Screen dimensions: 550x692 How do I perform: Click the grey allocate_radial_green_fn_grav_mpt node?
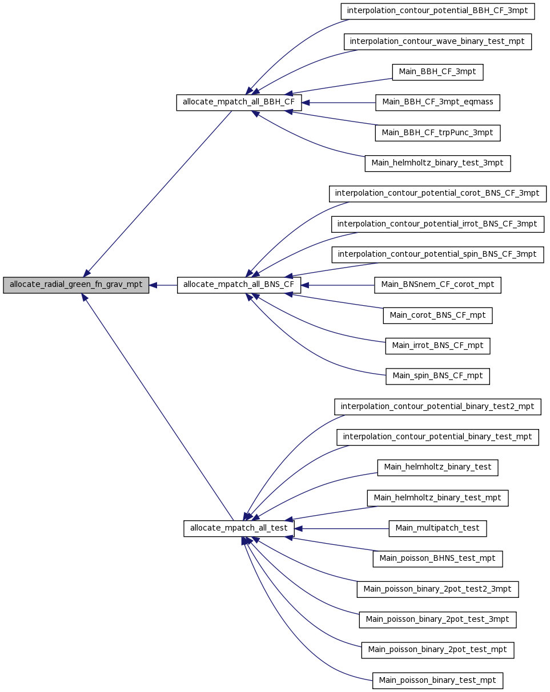click(x=76, y=285)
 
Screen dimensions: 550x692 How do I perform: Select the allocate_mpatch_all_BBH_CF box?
click(x=239, y=103)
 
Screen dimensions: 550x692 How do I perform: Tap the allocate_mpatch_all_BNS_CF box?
click(x=239, y=285)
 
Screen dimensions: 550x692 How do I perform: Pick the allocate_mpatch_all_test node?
click(x=239, y=529)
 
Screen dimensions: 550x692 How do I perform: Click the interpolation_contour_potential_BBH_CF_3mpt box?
click(x=437, y=11)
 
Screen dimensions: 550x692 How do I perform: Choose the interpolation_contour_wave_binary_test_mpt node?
click(x=437, y=42)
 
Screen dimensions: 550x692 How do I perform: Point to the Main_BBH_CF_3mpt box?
click(x=437, y=72)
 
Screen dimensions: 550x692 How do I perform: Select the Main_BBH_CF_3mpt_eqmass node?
click(x=437, y=103)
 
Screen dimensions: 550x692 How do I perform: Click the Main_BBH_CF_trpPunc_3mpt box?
click(x=437, y=133)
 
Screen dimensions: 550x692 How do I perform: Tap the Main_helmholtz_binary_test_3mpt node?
click(x=437, y=163)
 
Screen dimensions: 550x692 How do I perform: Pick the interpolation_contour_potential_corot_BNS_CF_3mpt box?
click(x=437, y=194)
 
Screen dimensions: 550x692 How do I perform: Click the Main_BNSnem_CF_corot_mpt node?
click(x=437, y=285)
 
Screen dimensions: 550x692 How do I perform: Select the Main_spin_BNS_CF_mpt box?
click(x=437, y=377)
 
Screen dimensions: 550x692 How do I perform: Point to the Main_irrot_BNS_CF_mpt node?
click(x=437, y=346)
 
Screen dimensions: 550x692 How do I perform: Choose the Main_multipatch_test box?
click(x=437, y=529)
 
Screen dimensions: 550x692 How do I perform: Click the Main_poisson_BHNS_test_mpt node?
click(x=437, y=559)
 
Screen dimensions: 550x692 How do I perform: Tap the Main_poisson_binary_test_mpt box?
click(x=437, y=681)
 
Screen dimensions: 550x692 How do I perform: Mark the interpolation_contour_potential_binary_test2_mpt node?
click(x=437, y=407)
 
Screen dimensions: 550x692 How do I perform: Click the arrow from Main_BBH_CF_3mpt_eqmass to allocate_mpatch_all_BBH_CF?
click(x=339, y=103)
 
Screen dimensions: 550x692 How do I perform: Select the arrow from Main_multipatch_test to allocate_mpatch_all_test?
click(x=342, y=529)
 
